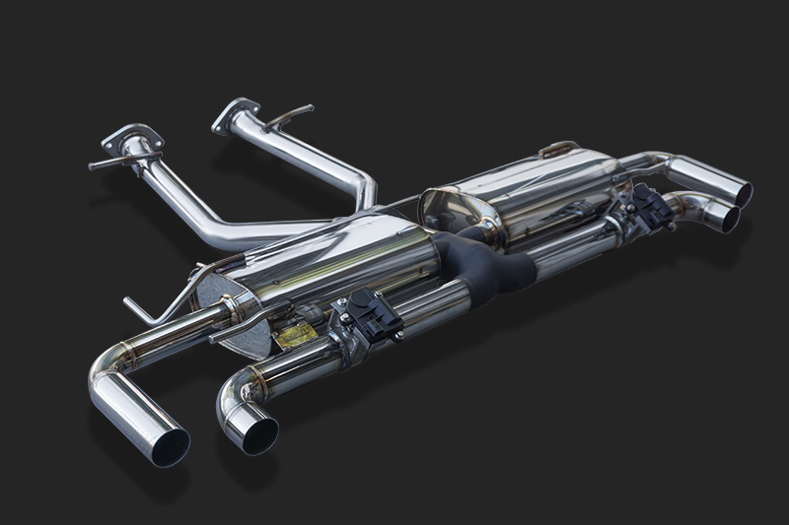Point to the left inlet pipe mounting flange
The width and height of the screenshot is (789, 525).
[130, 139]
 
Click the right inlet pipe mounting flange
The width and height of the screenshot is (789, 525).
[236, 113]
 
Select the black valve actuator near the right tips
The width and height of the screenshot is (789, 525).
[647, 206]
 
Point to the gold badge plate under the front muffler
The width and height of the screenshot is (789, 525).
[295, 335]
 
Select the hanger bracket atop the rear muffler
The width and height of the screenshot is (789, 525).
[558, 149]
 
